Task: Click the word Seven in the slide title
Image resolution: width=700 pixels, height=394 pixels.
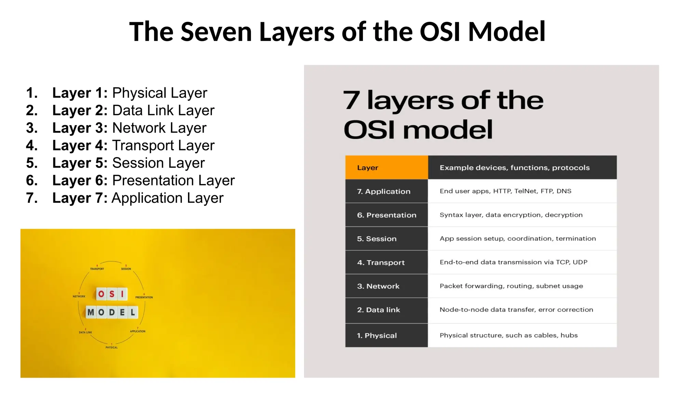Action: [216, 32]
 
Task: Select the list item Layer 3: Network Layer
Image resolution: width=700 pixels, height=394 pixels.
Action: [129, 128]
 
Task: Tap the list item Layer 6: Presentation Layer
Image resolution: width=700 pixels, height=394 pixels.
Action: [143, 180]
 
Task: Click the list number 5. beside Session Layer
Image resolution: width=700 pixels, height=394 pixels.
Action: [32, 163]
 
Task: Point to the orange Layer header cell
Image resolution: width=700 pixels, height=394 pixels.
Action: [386, 168]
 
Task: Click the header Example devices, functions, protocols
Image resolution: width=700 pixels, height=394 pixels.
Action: [514, 168]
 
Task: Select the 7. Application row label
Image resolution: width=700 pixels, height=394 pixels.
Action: [383, 192]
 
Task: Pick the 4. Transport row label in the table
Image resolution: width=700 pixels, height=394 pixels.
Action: [381, 263]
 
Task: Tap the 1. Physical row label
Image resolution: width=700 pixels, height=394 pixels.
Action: [377, 336]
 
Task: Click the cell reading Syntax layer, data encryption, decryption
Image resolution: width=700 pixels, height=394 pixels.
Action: [511, 215]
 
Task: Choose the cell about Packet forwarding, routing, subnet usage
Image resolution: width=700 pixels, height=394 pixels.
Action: [511, 286]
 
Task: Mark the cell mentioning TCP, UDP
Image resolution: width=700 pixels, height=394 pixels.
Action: [513, 262]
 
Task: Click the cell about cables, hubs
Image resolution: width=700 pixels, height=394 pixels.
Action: [509, 336]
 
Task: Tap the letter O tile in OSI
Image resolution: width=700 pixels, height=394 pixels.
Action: [101, 294]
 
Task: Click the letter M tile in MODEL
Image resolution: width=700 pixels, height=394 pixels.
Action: [91, 312]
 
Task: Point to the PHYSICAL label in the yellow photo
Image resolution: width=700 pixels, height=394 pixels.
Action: [111, 347]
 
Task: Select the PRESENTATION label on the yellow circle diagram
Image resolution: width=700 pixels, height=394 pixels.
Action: [144, 297]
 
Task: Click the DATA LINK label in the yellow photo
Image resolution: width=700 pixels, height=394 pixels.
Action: [85, 332]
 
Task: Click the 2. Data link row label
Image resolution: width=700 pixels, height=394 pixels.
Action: [378, 310]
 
